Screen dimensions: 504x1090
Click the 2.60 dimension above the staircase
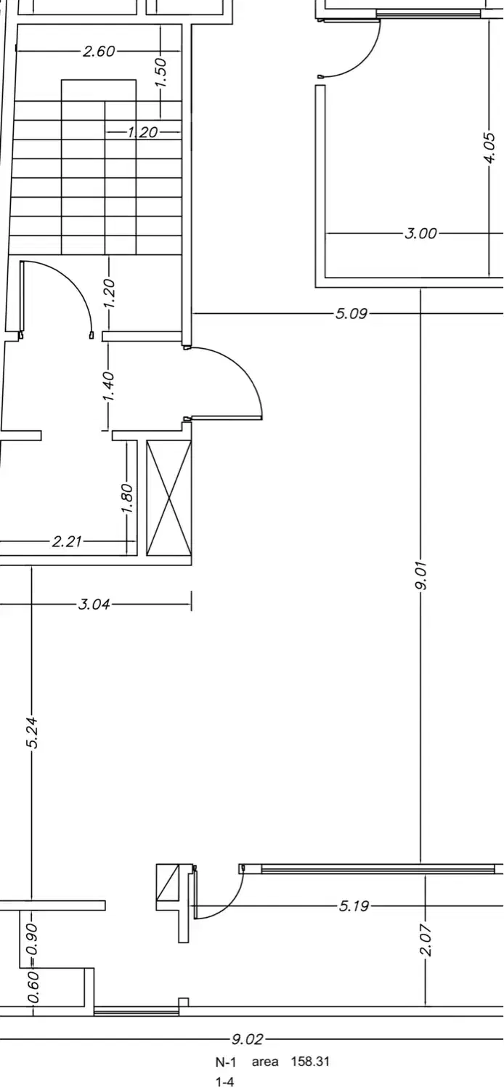(99, 51)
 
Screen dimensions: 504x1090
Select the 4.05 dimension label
(492, 148)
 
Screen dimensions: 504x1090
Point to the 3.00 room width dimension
(420, 233)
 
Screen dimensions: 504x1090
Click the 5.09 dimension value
(351, 313)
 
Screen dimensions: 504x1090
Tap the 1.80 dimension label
(127, 498)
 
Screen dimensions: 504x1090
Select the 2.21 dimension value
(67, 541)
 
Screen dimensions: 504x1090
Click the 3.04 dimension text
(94, 605)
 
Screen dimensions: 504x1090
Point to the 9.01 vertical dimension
(420, 576)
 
